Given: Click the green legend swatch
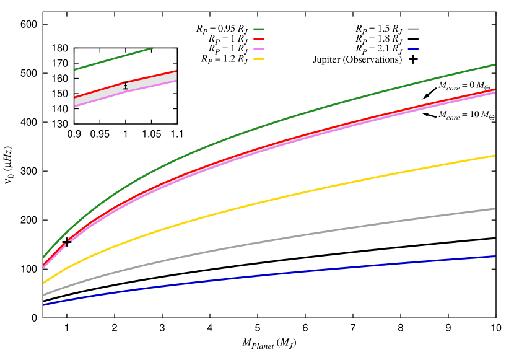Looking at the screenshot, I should point(259,29).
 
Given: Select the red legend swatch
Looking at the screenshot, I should point(259,39).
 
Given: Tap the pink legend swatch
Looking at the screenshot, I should point(259,49).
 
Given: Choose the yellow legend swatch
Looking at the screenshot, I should point(259,59).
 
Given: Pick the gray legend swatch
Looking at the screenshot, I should point(413,29).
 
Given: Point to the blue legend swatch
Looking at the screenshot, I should point(413,49).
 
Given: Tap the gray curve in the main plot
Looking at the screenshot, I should point(279,239).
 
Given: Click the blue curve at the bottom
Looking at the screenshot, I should point(279,273).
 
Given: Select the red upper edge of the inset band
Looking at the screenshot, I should point(149,77).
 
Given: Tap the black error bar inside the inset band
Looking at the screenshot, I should point(126,86).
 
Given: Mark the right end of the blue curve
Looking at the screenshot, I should point(495,256).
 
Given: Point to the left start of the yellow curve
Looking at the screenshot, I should point(44,283).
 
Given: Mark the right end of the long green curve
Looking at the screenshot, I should point(495,64).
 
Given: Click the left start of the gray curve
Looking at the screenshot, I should point(44,295).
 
